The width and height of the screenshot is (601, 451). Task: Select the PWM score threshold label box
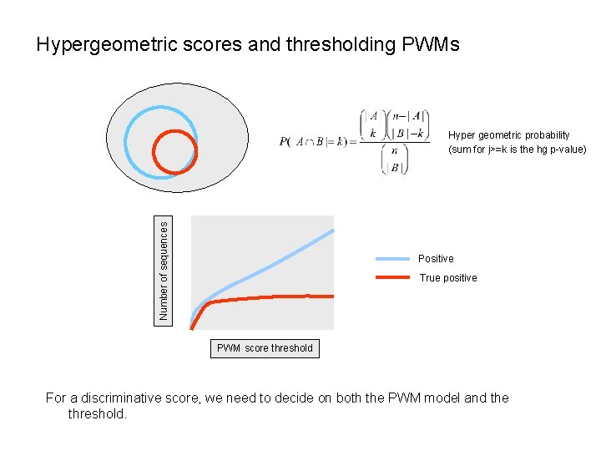tap(265, 348)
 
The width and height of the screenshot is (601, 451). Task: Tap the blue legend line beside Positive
tap(392, 259)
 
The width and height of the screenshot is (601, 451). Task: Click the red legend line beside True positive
tap(392, 277)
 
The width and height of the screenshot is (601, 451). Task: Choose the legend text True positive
tap(448, 278)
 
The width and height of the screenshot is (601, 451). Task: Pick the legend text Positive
tap(436, 259)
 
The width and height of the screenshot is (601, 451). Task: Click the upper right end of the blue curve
tap(332, 230)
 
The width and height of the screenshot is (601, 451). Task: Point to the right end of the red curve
tap(331, 296)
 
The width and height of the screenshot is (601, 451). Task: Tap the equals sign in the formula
tap(353, 141)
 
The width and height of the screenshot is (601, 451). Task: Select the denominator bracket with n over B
tap(394, 160)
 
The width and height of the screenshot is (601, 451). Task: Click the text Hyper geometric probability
tap(508, 135)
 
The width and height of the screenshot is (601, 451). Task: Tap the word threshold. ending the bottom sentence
tap(98, 413)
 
